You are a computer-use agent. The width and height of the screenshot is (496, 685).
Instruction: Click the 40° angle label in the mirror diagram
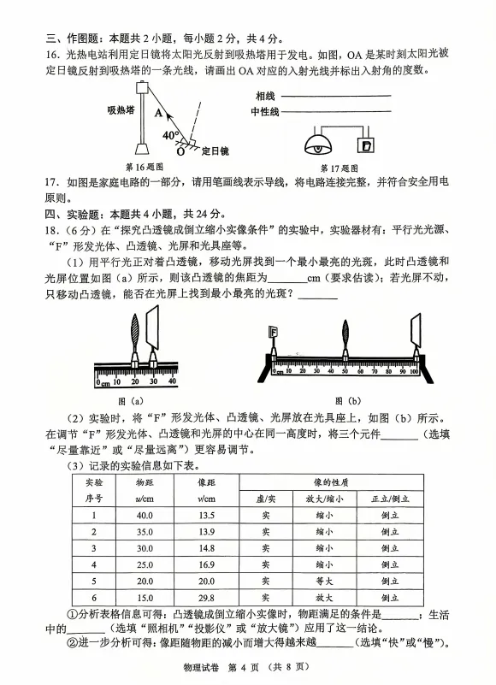click(170, 133)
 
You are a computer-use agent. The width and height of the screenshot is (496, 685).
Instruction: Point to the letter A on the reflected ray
click(158, 110)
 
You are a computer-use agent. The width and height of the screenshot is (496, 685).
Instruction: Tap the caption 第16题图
click(145, 168)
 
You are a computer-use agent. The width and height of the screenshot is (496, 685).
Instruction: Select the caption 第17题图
click(338, 168)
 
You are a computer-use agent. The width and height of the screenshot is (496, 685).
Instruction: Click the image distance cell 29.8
click(205, 598)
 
